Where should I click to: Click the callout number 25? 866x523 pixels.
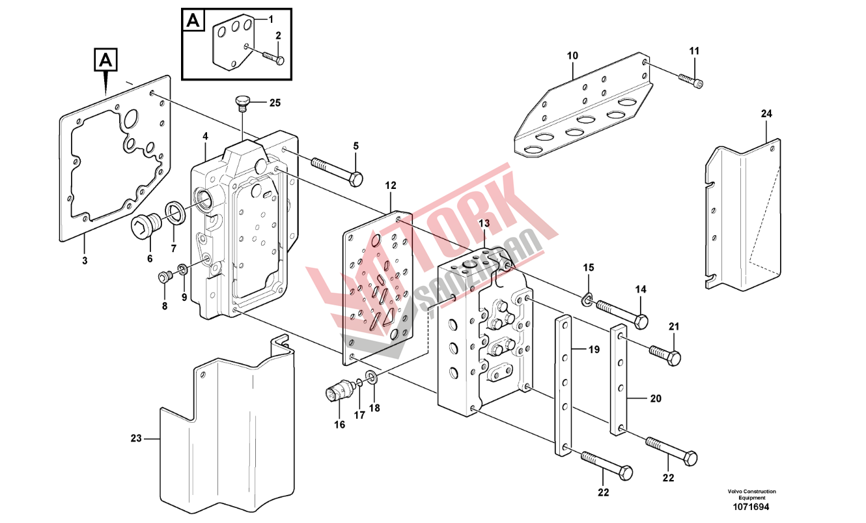pyautogui.click(x=275, y=103)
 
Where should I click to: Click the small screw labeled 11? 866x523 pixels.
pyautogui.click(x=690, y=79)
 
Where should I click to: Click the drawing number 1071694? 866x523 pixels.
pyautogui.click(x=752, y=507)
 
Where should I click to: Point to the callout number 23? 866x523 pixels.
pyautogui.click(x=135, y=438)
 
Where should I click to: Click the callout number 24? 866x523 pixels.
pyautogui.click(x=766, y=114)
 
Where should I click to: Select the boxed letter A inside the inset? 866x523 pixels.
pyautogui.click(x=193, y=21)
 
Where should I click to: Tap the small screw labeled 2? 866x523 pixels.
pyautogui.click(x=273, y=58)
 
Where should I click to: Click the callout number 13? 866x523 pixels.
pyautogui.click(x=484, y=223)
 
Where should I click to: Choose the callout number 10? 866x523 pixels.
pyautogui.click(x=572, y=56)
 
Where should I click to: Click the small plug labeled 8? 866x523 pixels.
pyautogui.click(x=163, y=277)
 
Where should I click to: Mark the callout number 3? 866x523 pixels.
pyautogui.click(x=84, y=260)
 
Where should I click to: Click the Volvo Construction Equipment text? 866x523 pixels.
pyautogui.click(x=752, y=494)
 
